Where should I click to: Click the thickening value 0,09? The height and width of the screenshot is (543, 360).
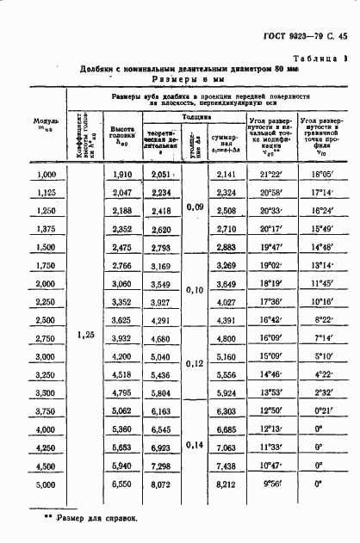196,207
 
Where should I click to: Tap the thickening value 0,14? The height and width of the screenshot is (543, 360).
196,446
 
